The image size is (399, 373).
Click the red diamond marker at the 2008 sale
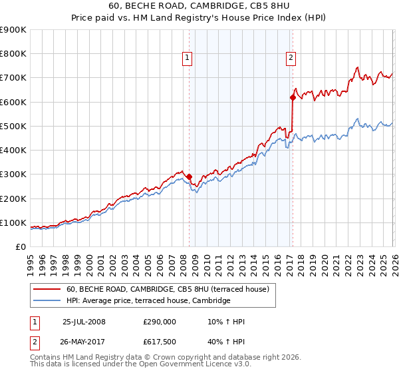tap(189, 177)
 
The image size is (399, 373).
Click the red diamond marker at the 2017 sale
tap(292, 97)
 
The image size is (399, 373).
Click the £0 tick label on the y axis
tap(20, 246)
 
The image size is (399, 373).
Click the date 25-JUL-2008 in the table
tap(84, 322)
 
